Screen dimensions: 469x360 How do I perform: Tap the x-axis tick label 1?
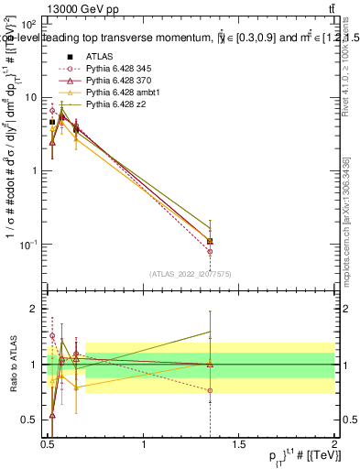144,444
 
